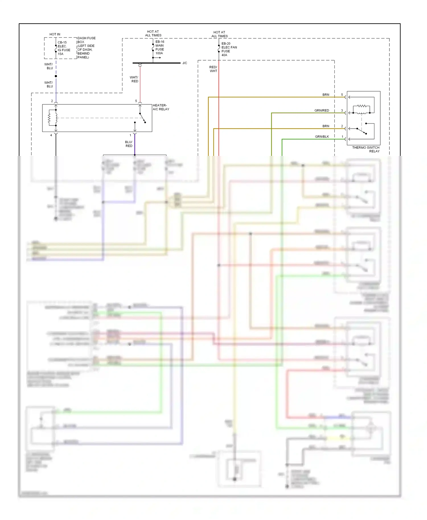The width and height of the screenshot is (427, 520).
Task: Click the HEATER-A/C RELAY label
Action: click(x=161, y=107)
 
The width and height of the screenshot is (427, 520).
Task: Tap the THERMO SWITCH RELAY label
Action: click(x=366, y=149)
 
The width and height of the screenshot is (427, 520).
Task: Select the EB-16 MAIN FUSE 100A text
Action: click(x=160, y=48)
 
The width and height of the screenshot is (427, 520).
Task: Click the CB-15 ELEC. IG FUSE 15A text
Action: click(x=64, y=48)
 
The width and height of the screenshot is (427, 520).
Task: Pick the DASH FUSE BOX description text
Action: click(x=86, y=48)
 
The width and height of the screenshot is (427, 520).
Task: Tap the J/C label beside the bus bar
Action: click(x=185, y=63)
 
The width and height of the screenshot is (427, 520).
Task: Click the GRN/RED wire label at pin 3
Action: click(x=322, y=110)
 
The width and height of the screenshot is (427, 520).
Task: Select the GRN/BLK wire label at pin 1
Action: click(x=322, y=137)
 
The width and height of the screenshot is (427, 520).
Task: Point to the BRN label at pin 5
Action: click(x=326, y=95)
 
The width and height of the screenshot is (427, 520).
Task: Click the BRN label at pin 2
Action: click(x=326, y=126)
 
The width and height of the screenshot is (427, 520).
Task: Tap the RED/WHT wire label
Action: click(x=213, y=69)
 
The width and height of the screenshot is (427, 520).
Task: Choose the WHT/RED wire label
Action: click(x=134, y=79)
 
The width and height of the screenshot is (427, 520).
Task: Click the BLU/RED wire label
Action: click(x=129, y=144)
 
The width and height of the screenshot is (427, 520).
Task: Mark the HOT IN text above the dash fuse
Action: click(x=55, y=34)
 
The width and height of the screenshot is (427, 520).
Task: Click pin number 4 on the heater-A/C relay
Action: click(x=51, y=135)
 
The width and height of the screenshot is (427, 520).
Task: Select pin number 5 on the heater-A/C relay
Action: click(x=136, y=101)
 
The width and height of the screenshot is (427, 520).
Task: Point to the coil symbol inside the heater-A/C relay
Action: click(x=56, y=117)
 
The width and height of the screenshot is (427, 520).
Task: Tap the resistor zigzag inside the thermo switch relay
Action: click(x=362, y=106)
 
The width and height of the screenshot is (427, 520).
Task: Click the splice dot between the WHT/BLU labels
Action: click(x=56, y=76)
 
